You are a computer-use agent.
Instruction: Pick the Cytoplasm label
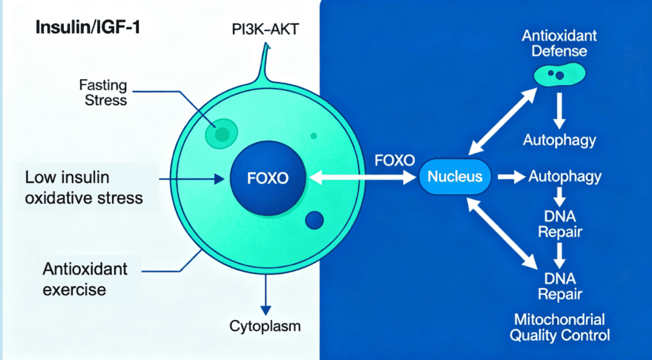(266, 328)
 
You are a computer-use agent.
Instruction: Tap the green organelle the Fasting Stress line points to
(222, 133)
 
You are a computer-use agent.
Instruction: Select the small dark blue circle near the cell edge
(315, 220)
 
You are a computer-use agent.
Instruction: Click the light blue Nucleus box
(455, 176)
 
